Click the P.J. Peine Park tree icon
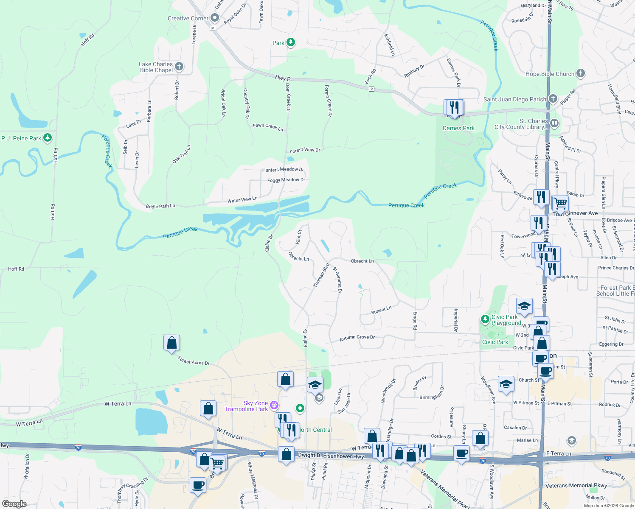(48, 138)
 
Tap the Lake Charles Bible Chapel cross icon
(179, 66)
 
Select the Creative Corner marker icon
(215, 18)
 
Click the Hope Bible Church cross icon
(581, 73)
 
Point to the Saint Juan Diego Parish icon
(553, 99)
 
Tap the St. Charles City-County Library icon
(554, 123)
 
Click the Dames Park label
(458, 128)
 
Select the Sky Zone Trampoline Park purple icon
(274, 405)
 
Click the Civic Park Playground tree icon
(485, 319)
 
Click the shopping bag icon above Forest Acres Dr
(171, 342)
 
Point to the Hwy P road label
(283, 78)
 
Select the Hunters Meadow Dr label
(283, 170)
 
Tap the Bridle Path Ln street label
(160, 207)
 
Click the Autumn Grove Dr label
(357, 338)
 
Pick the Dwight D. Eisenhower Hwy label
(331, 456)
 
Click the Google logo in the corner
(14, 504)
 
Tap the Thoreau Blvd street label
(321, 276)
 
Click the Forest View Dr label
(305, 150)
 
